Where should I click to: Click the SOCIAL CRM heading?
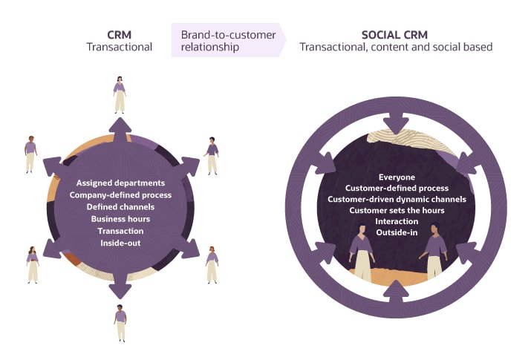396,34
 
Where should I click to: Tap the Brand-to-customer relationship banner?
228,40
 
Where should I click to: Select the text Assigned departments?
120,183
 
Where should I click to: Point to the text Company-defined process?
120,194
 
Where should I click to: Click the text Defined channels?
120,207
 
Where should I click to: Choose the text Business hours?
120,219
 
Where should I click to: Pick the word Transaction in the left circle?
120,231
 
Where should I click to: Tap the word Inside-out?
120,243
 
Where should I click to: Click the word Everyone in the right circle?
397,177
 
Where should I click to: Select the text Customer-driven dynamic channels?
397,200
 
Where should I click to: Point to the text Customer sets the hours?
397,211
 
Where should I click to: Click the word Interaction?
397,222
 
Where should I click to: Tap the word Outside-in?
397,233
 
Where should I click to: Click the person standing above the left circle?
119,94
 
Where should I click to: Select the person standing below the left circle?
120,323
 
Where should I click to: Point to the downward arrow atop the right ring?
397,121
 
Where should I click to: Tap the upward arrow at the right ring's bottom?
397,295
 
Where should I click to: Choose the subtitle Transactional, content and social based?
396,47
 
